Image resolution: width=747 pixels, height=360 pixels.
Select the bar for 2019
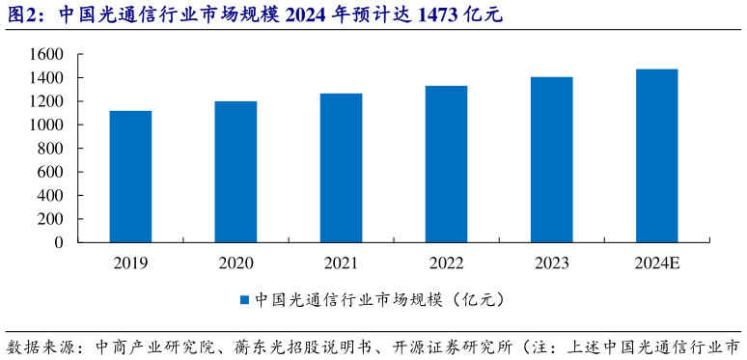(x=130, y=177)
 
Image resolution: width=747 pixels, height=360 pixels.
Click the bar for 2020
(x=235, y=172)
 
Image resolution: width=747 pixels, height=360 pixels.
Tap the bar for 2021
(x=341, y=168)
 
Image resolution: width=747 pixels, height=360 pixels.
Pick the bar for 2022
(x=446, y=164)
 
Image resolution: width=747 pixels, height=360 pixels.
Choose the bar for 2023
(x=551, y=159)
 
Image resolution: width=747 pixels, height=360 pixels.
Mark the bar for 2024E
(x=656, y=155)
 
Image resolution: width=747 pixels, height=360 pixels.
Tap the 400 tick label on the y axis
(x=49, y=196)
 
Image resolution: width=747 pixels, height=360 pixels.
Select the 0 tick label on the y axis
(x=58, y=243)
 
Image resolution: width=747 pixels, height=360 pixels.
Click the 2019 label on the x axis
(x=130, y=263)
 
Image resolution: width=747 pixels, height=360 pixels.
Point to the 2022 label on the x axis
(x=446, y=263)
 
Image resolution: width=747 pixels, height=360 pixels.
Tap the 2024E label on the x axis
(x=656, y=263)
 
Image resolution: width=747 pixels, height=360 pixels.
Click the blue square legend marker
(x=245, y=300)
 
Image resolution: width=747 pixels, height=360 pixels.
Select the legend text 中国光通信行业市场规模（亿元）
(x=379, y=300)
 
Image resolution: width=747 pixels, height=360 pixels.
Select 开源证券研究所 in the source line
(x=453, y=346)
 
